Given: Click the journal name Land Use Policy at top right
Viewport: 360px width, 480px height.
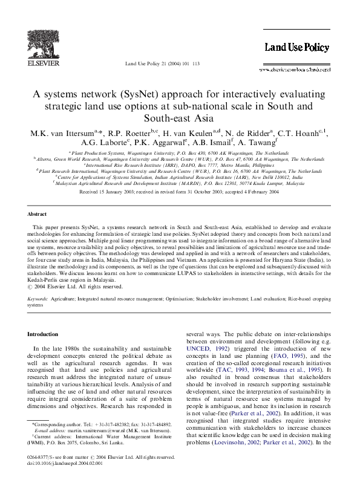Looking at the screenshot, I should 296,48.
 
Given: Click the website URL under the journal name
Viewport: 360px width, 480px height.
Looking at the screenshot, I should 295,70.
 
